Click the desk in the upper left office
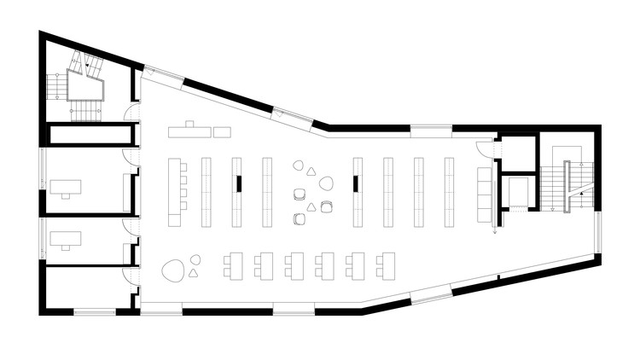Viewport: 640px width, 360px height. [65, 187]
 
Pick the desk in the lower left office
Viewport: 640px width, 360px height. [65, 238]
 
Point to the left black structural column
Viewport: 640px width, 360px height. [239, 183]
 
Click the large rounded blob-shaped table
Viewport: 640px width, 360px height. [174, 271]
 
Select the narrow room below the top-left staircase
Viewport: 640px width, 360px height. [90, 135]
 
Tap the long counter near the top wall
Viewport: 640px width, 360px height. [189, 131]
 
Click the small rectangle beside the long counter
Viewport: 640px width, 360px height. [223, 131]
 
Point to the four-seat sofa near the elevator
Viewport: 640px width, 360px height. [485, 189]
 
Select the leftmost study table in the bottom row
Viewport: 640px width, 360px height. [232, 264]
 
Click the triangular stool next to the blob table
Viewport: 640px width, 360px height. [194, 273]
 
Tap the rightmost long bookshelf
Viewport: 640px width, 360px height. [448, 192]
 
